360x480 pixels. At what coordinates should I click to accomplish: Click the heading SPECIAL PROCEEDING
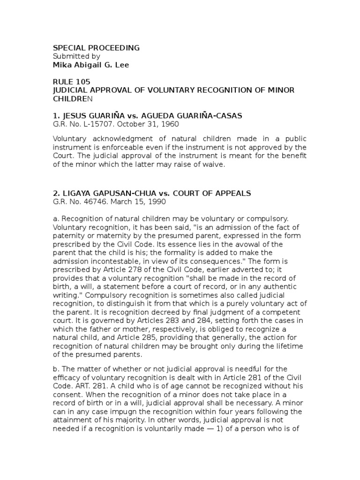pyautogui.click(x=96, y=48)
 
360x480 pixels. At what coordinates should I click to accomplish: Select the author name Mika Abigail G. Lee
pyautogui.click(x=90, y=65)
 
